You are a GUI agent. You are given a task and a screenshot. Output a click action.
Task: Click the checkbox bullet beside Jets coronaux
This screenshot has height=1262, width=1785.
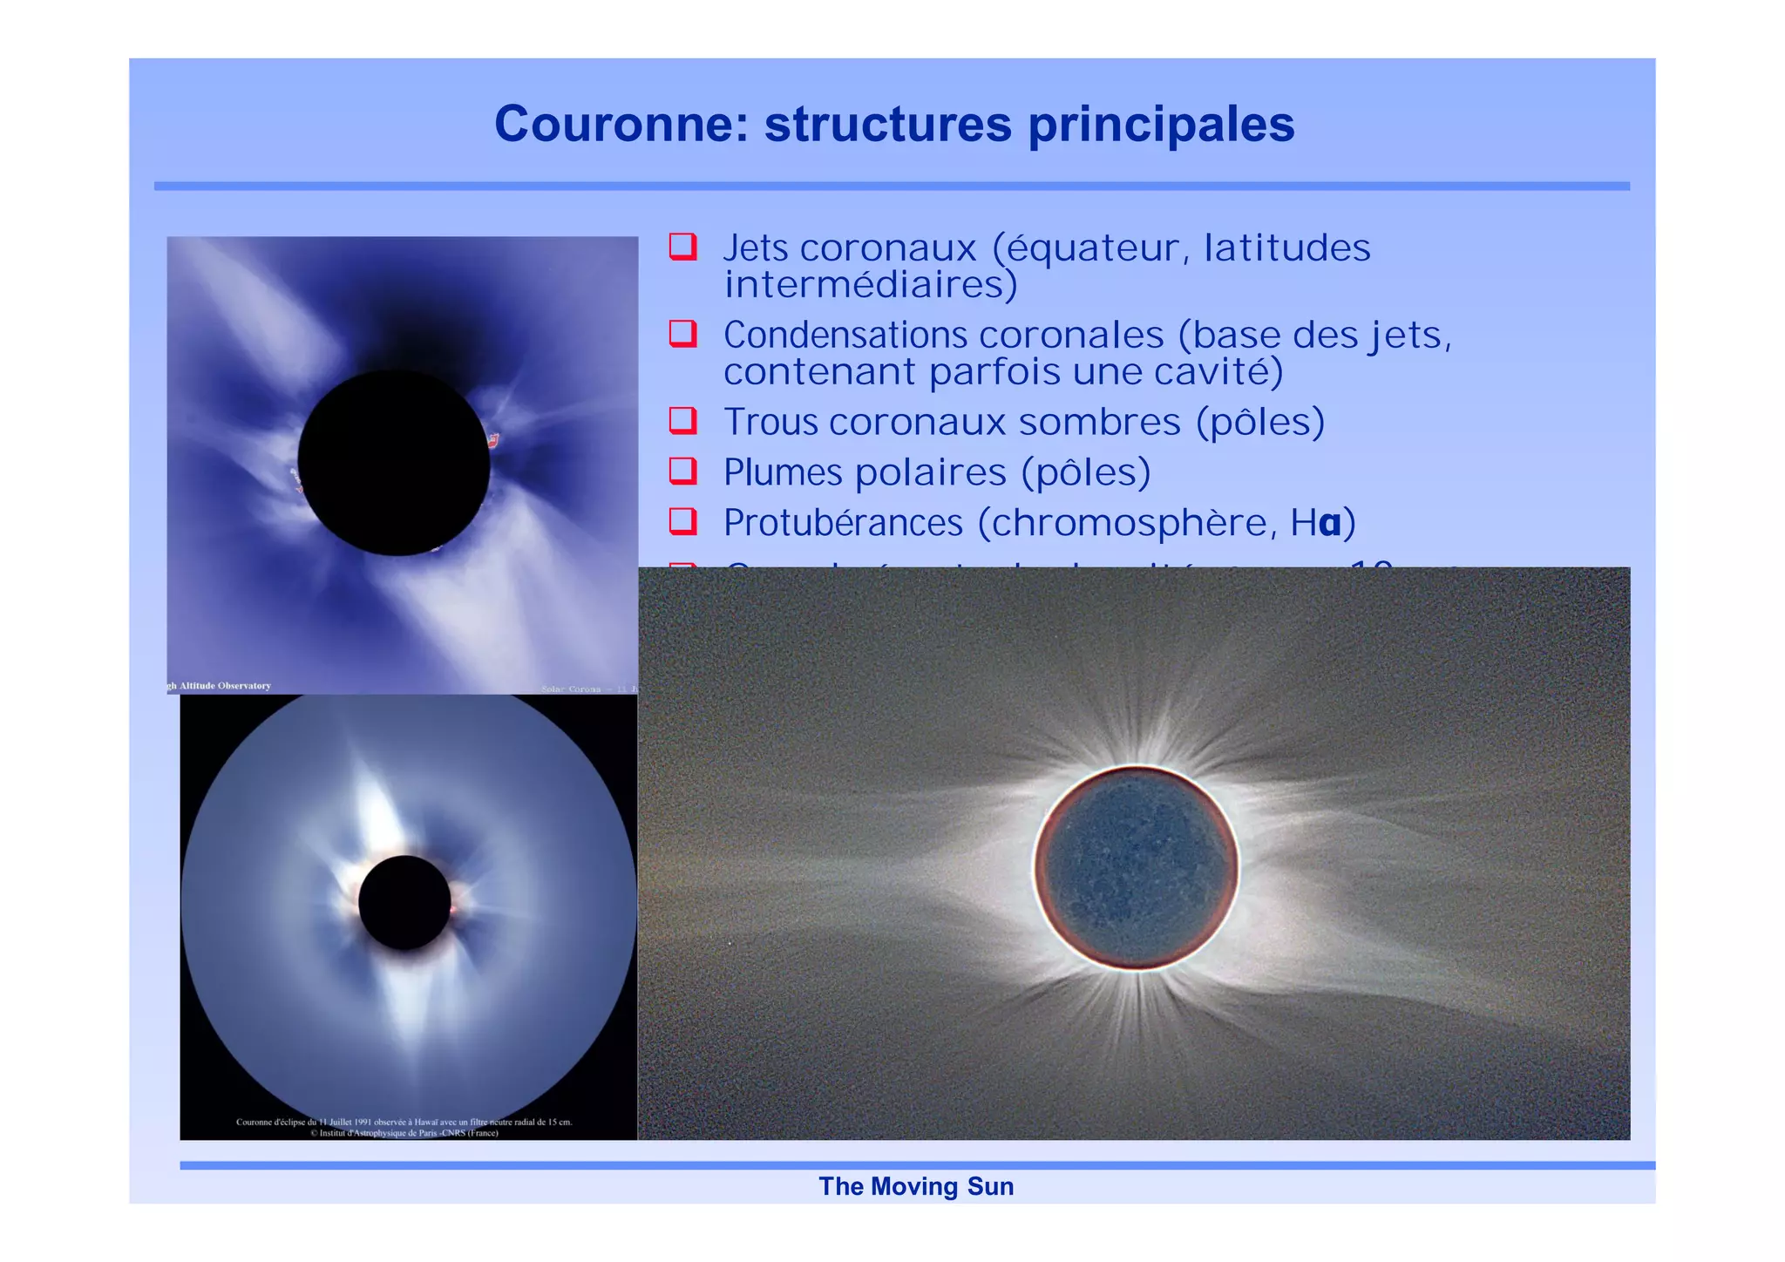click(682, 247)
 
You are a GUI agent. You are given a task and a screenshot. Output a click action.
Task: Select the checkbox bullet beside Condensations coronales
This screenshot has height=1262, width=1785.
click(682, 334)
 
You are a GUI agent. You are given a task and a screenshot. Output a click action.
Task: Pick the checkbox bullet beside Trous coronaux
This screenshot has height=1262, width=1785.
click(682, 421)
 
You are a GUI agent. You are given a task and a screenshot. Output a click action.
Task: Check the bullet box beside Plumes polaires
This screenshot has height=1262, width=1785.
click(682, 472)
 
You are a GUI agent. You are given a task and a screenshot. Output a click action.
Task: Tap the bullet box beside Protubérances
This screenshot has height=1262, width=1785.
click(682, 522)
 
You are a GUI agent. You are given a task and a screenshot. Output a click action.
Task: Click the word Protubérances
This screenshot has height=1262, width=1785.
click(843, 523)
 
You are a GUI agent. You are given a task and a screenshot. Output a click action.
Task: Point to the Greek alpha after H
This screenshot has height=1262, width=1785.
click(1330, 523)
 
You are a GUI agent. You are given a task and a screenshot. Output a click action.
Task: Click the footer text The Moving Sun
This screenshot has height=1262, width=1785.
click(916, 1186)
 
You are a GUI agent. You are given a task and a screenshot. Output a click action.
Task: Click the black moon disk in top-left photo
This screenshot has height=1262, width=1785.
click(394, 462)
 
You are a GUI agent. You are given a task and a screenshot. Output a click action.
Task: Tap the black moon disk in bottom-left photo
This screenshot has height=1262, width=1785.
click(404, 902)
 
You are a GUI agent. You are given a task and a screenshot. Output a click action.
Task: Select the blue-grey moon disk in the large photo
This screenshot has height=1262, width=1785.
click(1137, 867)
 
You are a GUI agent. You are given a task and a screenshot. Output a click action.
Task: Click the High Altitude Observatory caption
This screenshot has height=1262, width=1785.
click(220, 686)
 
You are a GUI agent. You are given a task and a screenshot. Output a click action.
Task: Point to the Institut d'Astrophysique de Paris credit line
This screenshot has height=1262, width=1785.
click(404, 1133)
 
